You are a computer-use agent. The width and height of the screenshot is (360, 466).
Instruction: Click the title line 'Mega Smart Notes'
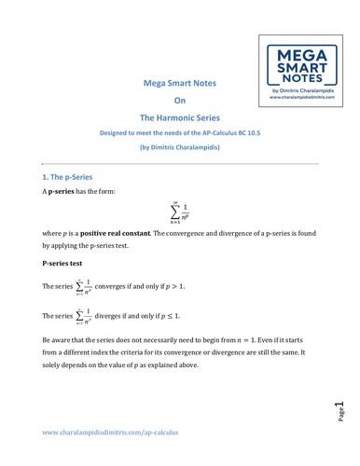click(x=180, y=83)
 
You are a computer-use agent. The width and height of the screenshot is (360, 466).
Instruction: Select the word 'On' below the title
click(x=181, y=101)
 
